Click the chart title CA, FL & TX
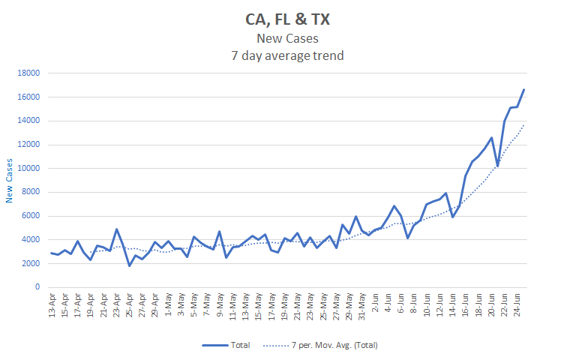(x=287, y=19)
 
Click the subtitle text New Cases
(x=287, y=39)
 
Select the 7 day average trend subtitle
(x=287, y=55)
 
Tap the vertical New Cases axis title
(x=10, y=179)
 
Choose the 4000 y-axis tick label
(x=30, y=240)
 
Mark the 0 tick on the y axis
(x=37, y=287)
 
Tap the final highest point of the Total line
(x=523, y=90)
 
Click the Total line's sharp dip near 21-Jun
(x=497, y=165)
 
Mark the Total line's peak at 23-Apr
(x=117, y=229)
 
